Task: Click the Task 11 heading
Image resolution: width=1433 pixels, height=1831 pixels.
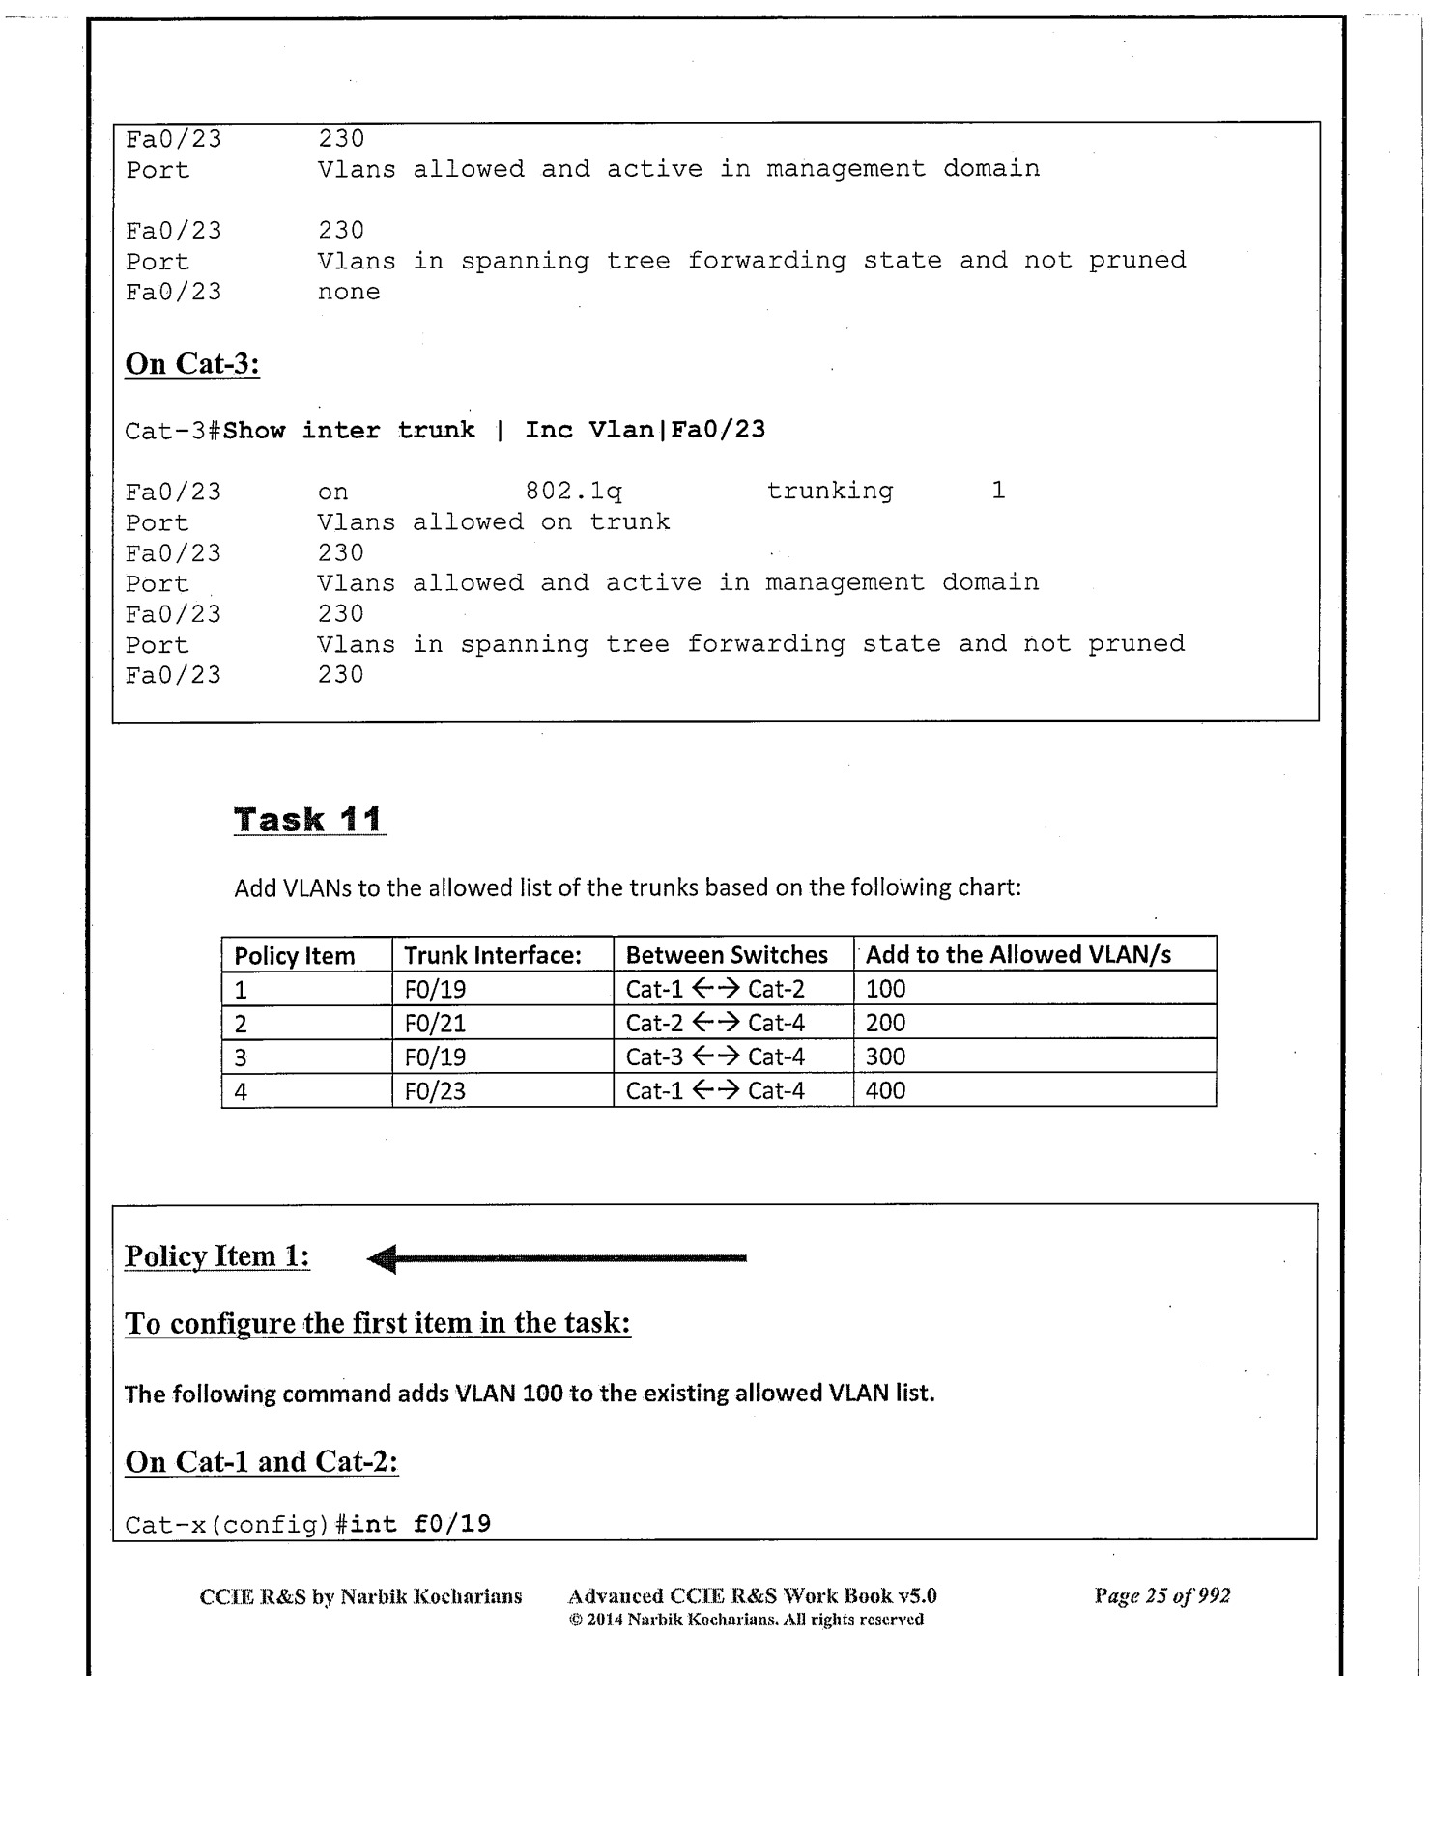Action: pyautogui.click(x=308, y=819)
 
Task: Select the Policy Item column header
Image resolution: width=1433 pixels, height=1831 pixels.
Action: pyautogui.click(x=295, y=955)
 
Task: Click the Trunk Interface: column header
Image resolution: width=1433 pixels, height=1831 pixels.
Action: pyautogui.click(x=492, y=955)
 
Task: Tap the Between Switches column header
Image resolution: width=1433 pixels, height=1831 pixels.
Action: pyautogui.click(x=727, y=955)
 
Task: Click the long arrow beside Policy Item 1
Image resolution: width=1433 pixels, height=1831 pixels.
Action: pyautogui.click(x=557, y=1258)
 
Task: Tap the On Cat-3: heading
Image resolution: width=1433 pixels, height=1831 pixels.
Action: pyautogui.click(x=192, y=364)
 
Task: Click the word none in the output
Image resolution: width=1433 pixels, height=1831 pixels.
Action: pyautogui.click(x=349, y=292)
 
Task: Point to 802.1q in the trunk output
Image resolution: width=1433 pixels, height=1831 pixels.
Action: pyautogui.click(x=573, y=492)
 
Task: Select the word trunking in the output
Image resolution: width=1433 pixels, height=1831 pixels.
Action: pyautogui.click(x=829, y=491)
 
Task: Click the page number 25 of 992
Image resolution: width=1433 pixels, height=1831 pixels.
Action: pyautogui.click(x=1161, y=1595)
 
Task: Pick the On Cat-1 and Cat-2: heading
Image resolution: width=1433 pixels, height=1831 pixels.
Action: pyautogui.click(x=262, y=1461)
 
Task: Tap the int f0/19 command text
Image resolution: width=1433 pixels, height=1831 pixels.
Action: pyautogui.click(x=420, y=1524)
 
